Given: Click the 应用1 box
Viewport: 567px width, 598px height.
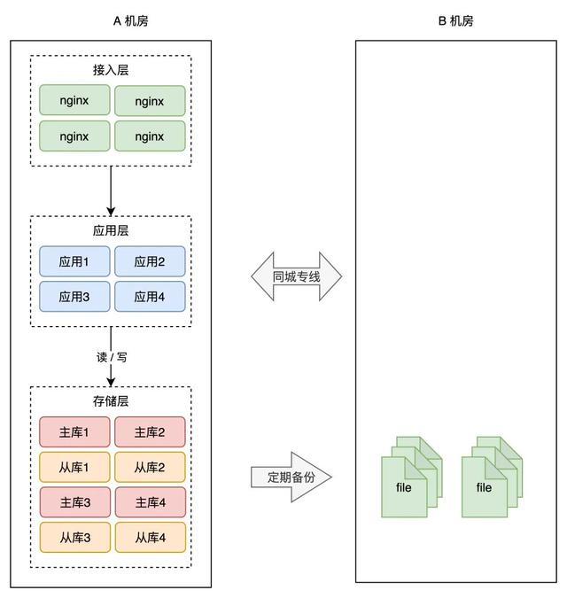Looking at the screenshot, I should pyautogui.click(x=74, y=261).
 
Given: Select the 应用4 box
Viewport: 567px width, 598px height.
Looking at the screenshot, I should pyautogui.click(x=150, y=297).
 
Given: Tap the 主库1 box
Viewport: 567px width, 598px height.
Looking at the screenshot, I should pyautogui.click(x=74, y=432).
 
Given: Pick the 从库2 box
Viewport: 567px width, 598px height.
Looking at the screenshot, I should pyautogui.click(x=150, y=467).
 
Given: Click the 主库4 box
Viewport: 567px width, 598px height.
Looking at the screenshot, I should pyautogui.click(x=150, y=502).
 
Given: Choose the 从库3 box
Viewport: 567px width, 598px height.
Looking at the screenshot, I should pyautogui.click(x=74, y=537).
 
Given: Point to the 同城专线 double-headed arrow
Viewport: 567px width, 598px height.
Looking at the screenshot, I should pyautogui.click(x=296, y=277).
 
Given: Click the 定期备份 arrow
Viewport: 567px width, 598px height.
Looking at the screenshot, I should pyautogui.click(x=291, y=477).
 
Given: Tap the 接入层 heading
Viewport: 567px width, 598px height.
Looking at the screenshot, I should pyautogui.click(x=111, y=70).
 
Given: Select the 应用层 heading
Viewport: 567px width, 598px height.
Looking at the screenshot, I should pyautogui.click(x=111, y=230).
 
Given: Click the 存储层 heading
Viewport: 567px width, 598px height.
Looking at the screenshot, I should pyautogui.click(x=111, y=401).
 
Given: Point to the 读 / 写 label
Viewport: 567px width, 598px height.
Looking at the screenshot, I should pyautogui.click(x=112, y=357).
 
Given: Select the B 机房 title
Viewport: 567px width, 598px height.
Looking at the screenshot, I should pyautogui.click(x=455, y=20).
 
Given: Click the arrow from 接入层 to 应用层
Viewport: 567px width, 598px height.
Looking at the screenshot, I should pyautogui.click(x=111, y=190).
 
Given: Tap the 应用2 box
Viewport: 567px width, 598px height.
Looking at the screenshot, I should pyautogui.click(x=150, y=261).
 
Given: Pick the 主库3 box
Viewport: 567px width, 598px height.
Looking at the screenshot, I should pyautogui.click(x=74, y=502).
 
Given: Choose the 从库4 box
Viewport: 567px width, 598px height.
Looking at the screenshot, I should pyautogui.click(x=150, y=537).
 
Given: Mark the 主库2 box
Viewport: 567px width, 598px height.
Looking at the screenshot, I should pyautogui.click(x=150, y=432).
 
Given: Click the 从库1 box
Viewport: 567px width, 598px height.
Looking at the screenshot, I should pyautogui.click(x=74, y=467).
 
